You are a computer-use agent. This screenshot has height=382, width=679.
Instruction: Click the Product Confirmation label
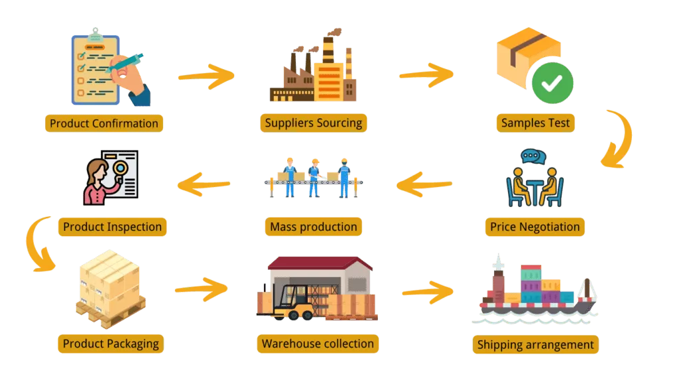point(104,123)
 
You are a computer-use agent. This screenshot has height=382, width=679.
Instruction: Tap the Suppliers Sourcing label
point(313,123)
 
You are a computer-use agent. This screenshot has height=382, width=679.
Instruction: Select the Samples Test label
point(535,123)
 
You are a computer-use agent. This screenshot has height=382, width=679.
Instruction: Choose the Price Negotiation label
point(534,227)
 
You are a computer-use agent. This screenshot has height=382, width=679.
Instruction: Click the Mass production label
point(313,227)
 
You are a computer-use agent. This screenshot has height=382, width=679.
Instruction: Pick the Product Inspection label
point(112,227)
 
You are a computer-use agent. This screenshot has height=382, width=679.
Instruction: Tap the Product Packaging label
point(110,344)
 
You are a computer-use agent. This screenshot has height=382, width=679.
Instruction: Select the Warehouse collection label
point(318,344)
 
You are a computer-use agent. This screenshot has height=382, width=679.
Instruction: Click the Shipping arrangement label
point(535,345)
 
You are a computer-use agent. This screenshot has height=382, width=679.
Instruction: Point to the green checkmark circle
point(552,83)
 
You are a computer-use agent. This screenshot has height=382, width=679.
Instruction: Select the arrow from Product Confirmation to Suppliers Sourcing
point(206,76)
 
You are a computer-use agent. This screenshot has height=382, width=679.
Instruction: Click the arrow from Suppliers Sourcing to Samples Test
point(426,74)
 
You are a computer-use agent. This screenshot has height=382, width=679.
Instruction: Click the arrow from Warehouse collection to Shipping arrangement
point(428,290)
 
